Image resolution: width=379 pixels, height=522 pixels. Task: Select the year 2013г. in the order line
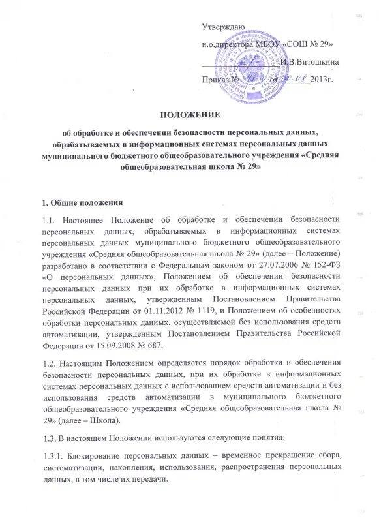click(x=322, y=80)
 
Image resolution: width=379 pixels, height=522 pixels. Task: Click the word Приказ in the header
click(x=217, y=80)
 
